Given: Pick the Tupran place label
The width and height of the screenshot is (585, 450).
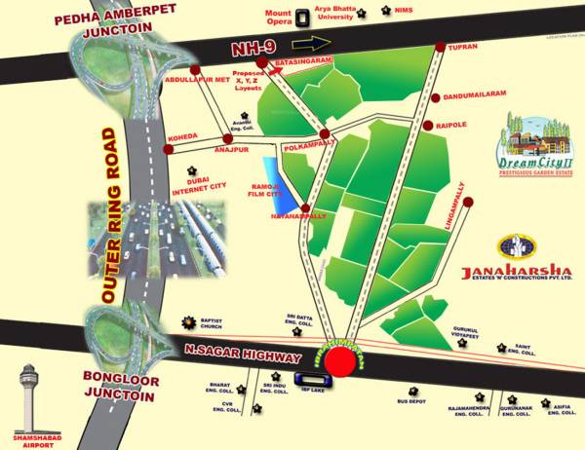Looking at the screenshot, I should [462, 46].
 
